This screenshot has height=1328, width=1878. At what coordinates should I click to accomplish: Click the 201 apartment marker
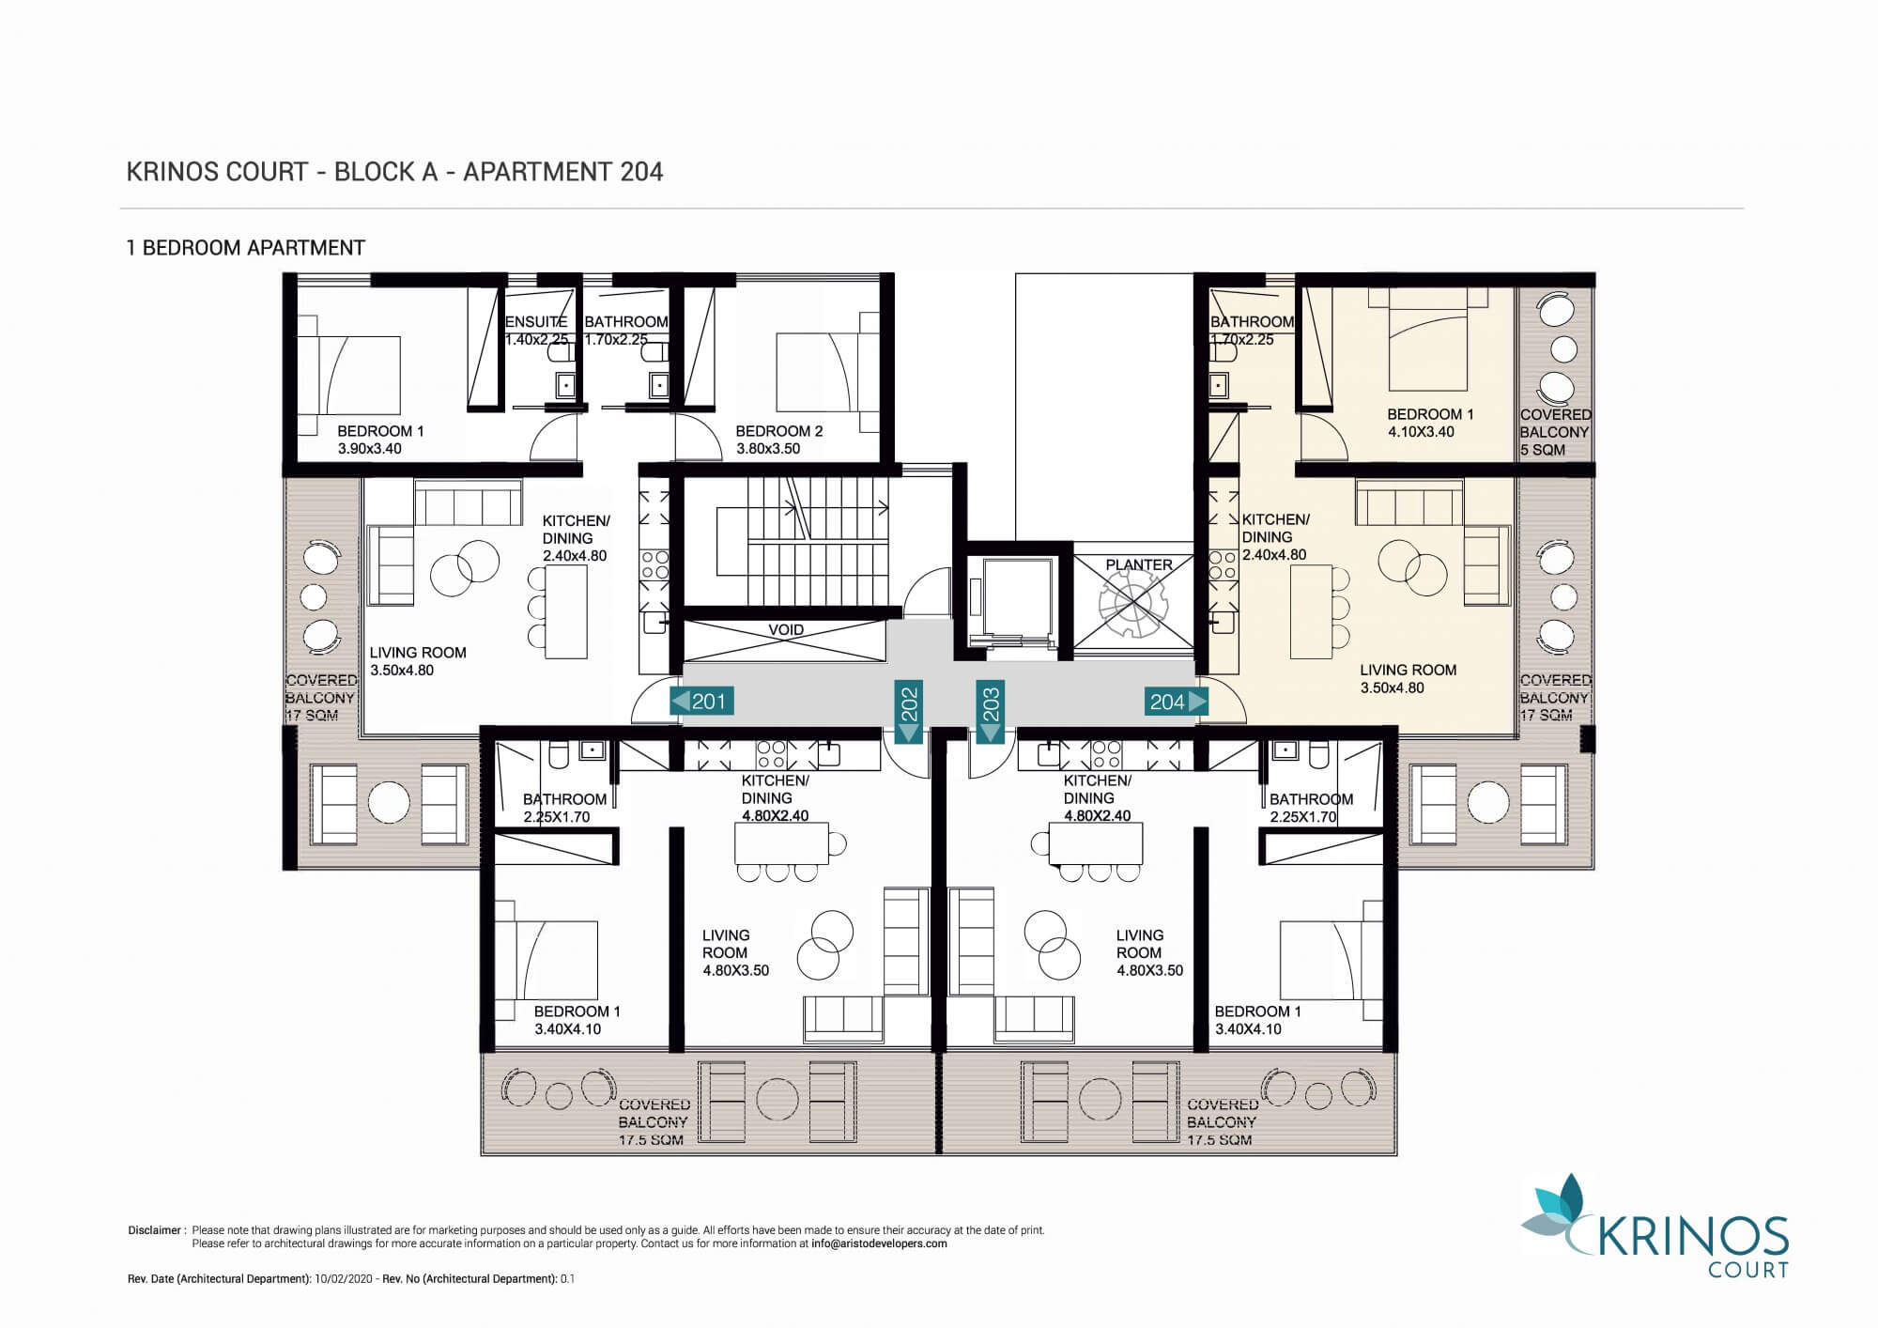click(700, 701)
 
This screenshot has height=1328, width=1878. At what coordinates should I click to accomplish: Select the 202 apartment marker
click(909, 712)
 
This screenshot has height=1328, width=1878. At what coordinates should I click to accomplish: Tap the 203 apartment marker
click(991, 712)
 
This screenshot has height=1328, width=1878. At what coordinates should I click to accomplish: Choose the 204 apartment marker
click(1176, 701)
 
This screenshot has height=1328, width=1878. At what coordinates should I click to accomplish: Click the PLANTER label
click(1139, 564)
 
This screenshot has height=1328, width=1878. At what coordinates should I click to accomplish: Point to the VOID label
click(786, 630)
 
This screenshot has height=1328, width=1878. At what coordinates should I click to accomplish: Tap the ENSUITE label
click(536, 321)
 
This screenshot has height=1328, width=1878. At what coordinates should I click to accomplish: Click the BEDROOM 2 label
click(779, 431)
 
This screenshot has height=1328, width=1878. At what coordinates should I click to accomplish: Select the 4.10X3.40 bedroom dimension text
click(1421, 432)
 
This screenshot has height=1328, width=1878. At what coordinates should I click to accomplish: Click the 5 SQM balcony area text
click(1543, 450)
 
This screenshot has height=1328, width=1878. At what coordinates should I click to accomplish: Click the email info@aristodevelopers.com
click(879, 1243)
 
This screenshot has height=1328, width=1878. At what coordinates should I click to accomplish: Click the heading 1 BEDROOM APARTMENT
click(246, 248)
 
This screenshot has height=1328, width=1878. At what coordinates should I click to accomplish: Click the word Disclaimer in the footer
click(153, 1230)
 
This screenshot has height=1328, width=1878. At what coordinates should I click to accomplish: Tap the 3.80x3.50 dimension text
click(768, 449)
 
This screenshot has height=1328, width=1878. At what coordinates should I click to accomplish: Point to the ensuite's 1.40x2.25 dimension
click(537, 339)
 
